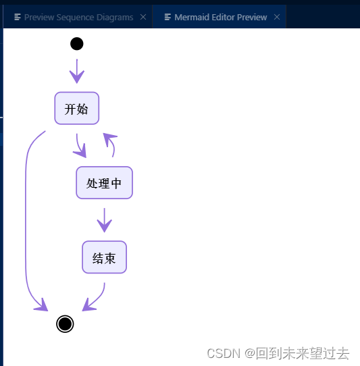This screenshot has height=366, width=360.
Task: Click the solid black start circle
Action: coord(77,44)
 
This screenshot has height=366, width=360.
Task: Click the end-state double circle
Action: coord(65,324)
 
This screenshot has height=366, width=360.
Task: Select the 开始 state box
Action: coord(77,109)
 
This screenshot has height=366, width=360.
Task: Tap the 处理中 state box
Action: coord(104,183)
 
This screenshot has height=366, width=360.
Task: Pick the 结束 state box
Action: coord(104,257)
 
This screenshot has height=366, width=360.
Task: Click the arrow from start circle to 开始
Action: coord(77,70)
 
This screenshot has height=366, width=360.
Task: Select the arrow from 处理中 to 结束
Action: coord(104,219)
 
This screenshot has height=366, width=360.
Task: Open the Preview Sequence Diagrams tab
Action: coord(78,17)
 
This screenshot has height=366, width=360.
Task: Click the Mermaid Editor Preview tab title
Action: coord(220,17)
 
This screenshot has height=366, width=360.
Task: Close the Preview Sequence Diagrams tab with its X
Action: coord(143,17)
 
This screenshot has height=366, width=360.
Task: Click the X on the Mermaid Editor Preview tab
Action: coord(277,17)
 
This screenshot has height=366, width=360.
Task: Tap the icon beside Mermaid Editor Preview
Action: coord(168,17)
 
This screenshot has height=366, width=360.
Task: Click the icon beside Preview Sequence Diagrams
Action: coord(18,17)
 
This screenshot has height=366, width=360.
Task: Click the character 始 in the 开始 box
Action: coord(82,109)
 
